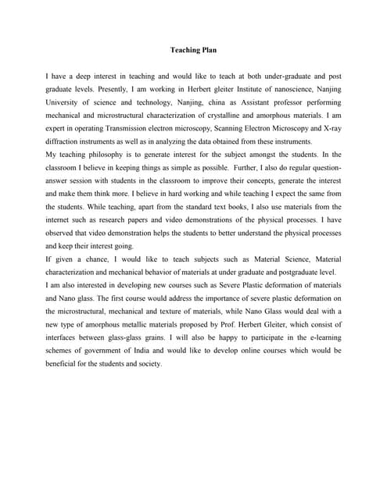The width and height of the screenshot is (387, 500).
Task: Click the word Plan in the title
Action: [x=208, y=51]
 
